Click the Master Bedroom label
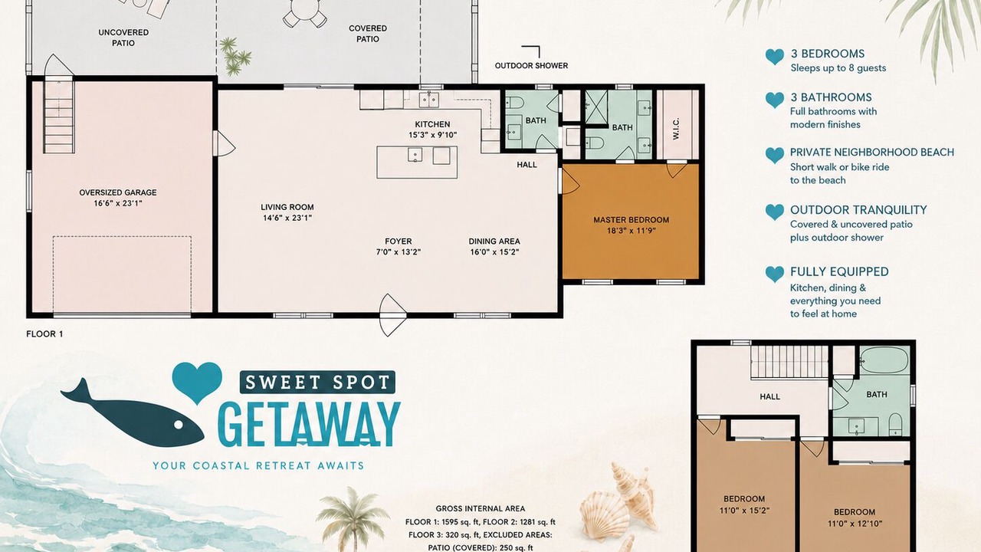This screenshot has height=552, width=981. (x=631, y=220)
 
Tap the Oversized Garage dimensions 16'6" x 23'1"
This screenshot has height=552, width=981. (x=118, y=203)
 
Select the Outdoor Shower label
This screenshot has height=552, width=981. (x=531, y=66)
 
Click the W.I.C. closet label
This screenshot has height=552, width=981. (x=676, y=129)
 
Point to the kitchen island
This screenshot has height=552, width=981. (x=417, y=162)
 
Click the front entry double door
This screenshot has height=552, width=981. (x=392, y=315)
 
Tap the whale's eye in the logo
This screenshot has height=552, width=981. (x=179, y=425)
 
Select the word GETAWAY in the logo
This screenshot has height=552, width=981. (x=309, y=424)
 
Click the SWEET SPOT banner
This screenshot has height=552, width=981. (x=317, y=383)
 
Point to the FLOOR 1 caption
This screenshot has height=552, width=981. (x=44, y=333)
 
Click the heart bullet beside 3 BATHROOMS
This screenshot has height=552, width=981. (x=775, y=100)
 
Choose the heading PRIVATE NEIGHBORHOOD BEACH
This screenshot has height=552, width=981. (x=872, y=153)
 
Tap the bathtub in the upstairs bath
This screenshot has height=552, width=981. (x=884, y=360)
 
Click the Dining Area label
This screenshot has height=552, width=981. (x=494, y=241)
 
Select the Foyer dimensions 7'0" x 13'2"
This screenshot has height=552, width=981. (x=399, y=252)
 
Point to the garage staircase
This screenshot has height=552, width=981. (x=59, y=115)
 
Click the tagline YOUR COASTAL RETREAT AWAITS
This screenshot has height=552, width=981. (x=258, y=465)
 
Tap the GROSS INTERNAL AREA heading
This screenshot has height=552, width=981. (x=481, y=508)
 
